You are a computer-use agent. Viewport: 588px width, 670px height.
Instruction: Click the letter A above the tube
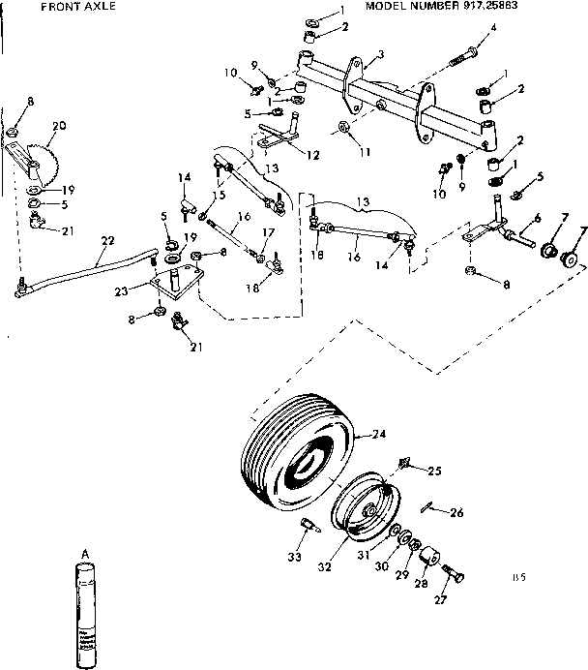tap(85, 553)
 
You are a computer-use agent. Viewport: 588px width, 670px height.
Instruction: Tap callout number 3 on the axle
tap(381, 54)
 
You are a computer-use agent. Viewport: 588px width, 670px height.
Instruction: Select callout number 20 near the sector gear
tap(60, 127)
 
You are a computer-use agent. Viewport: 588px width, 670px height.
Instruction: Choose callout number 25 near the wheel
tap(434, 471)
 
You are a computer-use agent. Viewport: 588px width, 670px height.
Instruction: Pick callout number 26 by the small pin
tap(457, 512)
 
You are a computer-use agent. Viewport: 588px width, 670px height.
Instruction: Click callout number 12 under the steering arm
tap(310, 155)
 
